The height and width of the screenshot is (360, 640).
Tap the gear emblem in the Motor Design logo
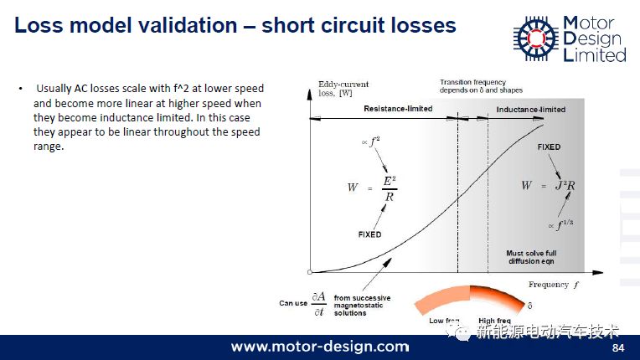point(536,39)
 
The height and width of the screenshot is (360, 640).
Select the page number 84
point(618,347)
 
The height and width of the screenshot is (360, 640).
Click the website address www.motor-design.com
point(320,347)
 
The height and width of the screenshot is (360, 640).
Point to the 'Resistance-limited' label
point(398,109)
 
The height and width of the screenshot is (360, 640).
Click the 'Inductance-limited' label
point(530,110)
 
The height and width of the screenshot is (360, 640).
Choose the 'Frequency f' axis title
point(554,285)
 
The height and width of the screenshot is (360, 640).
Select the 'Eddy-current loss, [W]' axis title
point(343,89)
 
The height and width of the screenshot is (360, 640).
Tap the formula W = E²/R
point(372,188)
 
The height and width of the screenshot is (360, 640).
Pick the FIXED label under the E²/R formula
point(369,234)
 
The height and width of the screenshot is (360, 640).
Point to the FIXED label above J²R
point(549,147)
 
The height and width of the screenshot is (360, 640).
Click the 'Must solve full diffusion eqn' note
point(531,257)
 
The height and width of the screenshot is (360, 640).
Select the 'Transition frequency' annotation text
point(472,82)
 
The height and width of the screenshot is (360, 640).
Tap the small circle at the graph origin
point(310,272)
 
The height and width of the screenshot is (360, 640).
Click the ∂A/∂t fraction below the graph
point(319,304)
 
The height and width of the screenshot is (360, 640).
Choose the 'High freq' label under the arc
point(494,321)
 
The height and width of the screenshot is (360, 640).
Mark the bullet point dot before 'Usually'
point(20,89)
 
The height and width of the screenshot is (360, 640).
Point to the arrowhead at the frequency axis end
point(598,272)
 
